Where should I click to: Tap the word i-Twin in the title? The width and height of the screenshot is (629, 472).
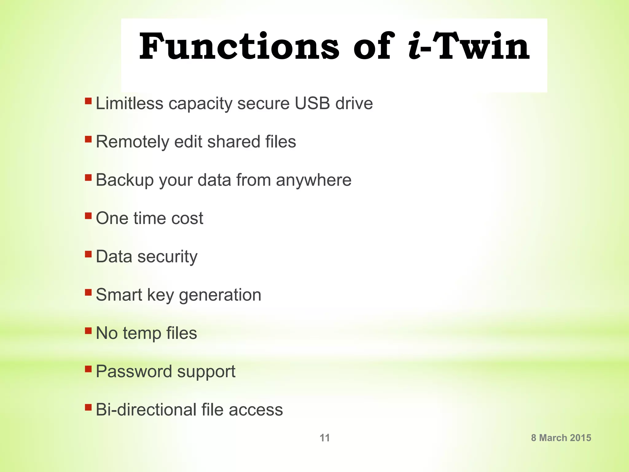tap(469, 47)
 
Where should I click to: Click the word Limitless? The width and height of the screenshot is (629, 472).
tap(129, 103)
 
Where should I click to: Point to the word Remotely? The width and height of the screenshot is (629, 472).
tap(132, 142)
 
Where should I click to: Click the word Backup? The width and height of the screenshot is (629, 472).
tap(125, 180)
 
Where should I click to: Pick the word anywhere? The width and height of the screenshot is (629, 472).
tap(313, 180)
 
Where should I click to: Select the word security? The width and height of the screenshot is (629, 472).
tap(167, 257)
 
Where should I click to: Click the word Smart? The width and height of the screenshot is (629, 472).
tap(119, 295)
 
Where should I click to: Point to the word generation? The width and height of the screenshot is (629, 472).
tap(220, 295)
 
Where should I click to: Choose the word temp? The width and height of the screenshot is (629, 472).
tap(142, 334)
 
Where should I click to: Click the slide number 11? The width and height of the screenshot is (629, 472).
tap(325, 438)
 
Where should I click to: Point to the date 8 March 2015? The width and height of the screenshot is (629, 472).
tap(561, 438)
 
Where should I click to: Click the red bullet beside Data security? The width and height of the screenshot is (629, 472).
tap(88, 254)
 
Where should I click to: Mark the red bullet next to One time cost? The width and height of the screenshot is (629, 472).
tap(88, 216)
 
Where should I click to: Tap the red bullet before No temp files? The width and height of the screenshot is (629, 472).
tap(88, 331)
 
